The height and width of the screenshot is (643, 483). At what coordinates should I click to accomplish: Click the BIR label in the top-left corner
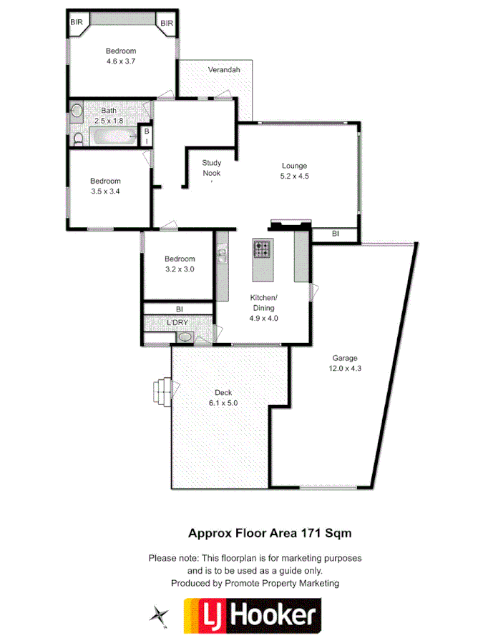[77, 23]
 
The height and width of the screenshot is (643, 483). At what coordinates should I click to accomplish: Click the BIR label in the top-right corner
[167, 24]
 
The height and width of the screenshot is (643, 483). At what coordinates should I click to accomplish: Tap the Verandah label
[224, 70]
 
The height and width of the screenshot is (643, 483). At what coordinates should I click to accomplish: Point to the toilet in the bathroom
[79, 136]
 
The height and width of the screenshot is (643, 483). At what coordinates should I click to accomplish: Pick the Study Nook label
[211, 168]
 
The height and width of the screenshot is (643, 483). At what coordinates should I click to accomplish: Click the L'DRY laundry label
[177, 324]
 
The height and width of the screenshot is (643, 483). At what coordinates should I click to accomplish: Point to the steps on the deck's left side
[162, 391]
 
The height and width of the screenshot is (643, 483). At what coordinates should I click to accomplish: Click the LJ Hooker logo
[253, 615]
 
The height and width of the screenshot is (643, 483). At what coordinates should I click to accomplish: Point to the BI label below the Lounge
[336, 234]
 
